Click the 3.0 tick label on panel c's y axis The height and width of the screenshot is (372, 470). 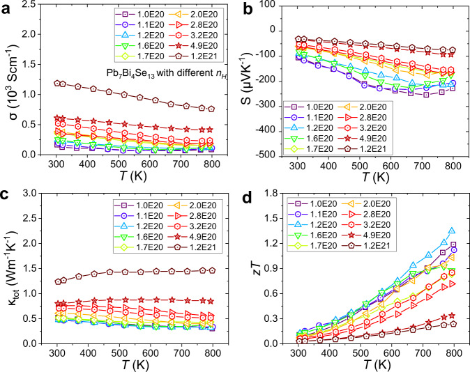(x=31, y=193)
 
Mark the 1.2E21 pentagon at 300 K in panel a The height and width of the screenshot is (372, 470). (x=57, y=83)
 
